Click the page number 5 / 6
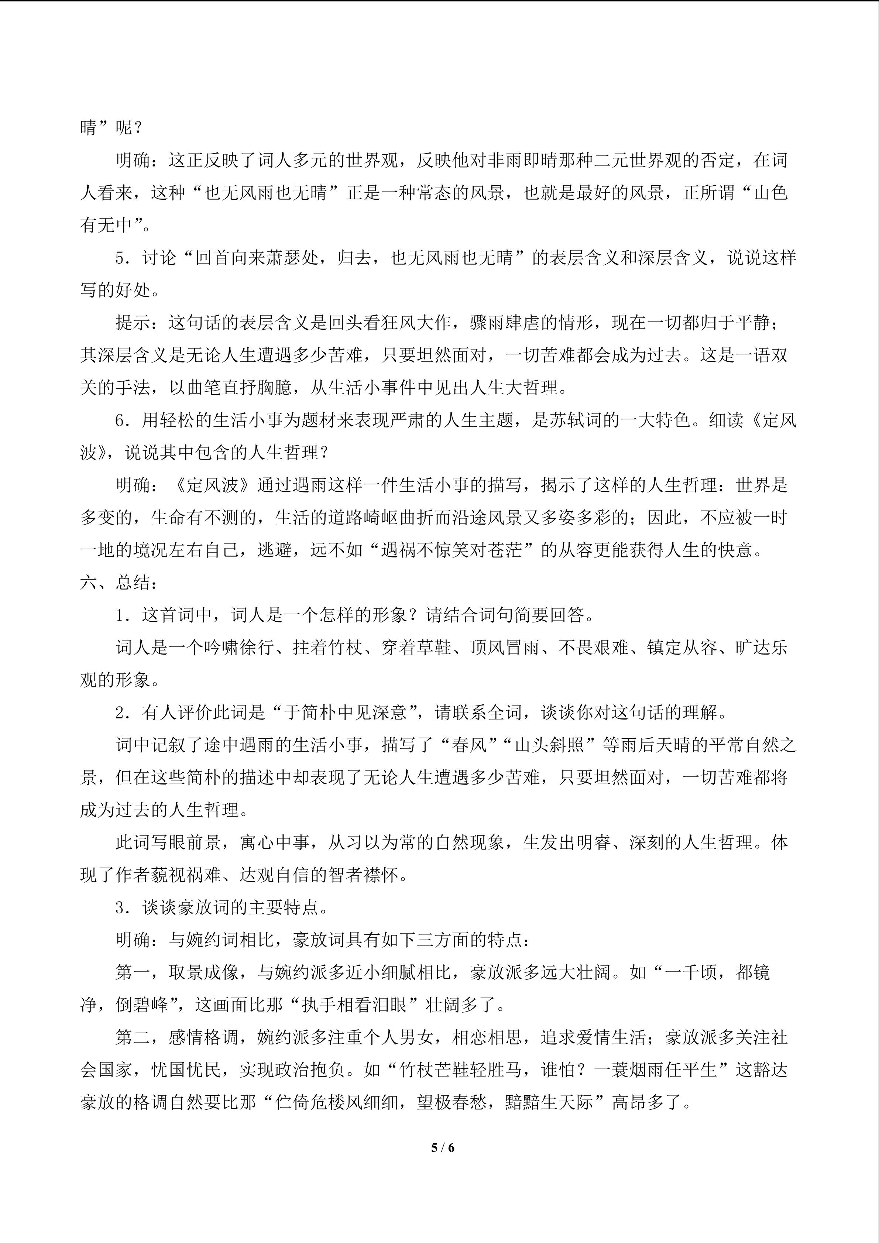tap(442, 1147)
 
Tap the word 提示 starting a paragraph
tap(133, 323)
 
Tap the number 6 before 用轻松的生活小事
tap(120, 420)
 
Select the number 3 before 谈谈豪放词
tap(120, 907)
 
